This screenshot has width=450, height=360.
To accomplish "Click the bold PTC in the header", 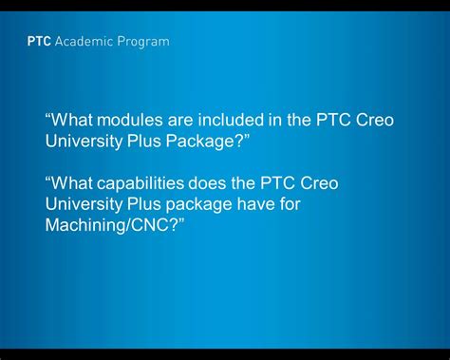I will pyautogui.click(x=40, y=42).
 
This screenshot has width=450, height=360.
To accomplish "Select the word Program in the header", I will pyautogui.click(x=142, y=42).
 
